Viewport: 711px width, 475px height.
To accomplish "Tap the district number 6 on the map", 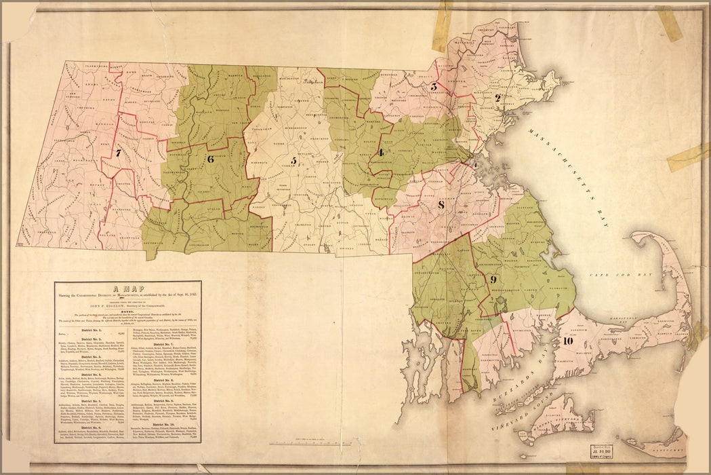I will click(210, 159).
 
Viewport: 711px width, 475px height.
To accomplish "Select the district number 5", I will click(293, 161).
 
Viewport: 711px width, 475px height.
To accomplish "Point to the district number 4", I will click(381, 152).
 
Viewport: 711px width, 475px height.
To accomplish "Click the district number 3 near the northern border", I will click(433, 87).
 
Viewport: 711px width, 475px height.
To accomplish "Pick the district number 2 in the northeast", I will click(497, 98).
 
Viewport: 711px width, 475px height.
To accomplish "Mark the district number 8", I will click(441, 206).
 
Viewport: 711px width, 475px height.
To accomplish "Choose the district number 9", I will click(493, 279).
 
